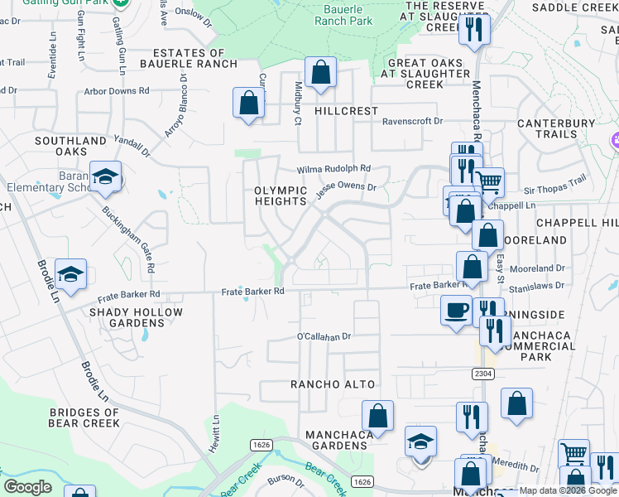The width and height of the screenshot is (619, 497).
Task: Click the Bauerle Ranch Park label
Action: point(343,16)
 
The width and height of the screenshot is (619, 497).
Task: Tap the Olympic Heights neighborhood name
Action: point(281,195)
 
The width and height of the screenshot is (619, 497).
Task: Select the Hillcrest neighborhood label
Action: point(346,111)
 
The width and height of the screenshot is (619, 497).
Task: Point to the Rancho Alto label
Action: point(333,384)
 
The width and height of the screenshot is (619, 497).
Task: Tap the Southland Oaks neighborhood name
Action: point(71,147)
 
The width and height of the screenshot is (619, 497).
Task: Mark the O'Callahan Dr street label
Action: point(324,337)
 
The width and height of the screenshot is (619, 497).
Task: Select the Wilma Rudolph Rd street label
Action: point(333,168)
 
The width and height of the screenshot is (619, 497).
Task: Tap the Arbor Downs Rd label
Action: point(116,91)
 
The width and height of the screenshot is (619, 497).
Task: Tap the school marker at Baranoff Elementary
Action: point(106,176)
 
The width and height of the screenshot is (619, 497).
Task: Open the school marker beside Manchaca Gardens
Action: point(420,442)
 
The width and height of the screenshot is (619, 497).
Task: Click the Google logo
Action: point(27,487)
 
